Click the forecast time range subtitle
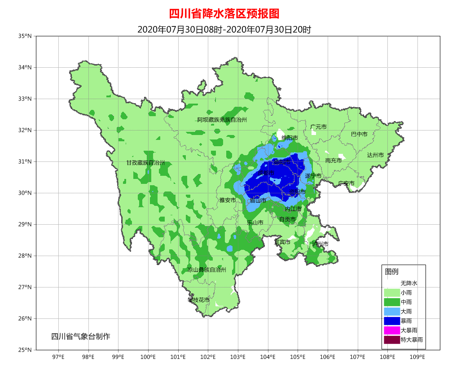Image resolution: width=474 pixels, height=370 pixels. click(224, 30)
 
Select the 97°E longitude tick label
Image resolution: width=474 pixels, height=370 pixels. click(58, 357)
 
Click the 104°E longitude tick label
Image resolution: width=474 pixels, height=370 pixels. click(268, 357)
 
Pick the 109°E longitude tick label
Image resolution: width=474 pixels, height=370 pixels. click(417, 357)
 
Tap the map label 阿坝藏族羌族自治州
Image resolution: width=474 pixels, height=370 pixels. click(222, 120)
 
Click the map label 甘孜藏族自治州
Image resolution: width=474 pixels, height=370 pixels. click(145, 163)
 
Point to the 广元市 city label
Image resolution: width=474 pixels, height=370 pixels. click(318, 127)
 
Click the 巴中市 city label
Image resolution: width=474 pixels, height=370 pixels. click(359, 134)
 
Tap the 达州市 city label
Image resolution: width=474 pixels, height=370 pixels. click(375, 155)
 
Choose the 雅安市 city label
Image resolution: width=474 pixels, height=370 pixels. click(228, 200)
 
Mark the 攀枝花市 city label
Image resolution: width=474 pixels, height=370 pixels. click(198, 300)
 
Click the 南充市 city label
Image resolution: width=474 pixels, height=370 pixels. click(334, 161)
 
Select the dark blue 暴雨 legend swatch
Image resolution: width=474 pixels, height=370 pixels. click(392, 321)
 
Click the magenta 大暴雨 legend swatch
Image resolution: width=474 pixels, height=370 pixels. click(392, 330)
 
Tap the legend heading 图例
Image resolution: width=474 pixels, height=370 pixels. click(391, 272)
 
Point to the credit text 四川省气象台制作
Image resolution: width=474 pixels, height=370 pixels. click(80, 336)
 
